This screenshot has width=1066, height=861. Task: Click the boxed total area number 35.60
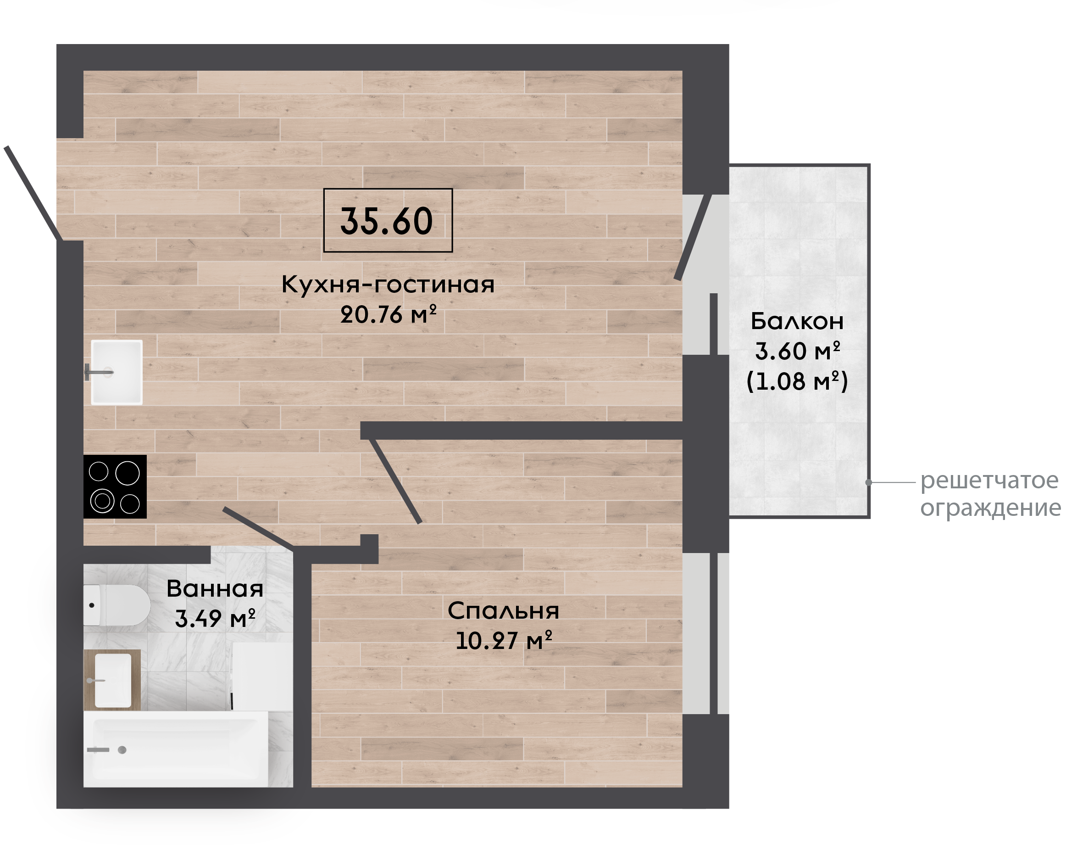[x=387, y=221]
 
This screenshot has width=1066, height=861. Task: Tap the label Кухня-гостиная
[x=388, y=285]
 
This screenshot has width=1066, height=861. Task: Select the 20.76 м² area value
[x=388, y=314]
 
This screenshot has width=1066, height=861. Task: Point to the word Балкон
[x=796, y=321]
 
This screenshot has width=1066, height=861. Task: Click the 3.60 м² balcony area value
[x=797, y=351]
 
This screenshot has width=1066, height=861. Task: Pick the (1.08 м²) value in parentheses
[x=797, y=381]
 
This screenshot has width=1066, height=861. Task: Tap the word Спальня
[x=503, y=610]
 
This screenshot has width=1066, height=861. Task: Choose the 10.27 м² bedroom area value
[x=504, y=640]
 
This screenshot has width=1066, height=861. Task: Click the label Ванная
[x=215, y=589]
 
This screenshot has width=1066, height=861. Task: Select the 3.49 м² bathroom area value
[x=215, y=619]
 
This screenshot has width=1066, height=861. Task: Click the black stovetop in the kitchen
[x=115, y=486]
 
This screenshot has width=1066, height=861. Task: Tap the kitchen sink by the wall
[x=117, y=372]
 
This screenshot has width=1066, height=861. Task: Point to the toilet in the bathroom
[x=117, y=605]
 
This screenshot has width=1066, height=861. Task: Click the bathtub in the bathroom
[x=176, y=749]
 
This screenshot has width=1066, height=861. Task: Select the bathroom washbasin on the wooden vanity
[x=113, y=681]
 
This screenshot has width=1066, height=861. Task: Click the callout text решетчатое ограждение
[x=990, y=494]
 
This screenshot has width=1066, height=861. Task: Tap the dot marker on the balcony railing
[x=868, y=482]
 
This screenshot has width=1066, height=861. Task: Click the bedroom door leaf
[x=395, y=481]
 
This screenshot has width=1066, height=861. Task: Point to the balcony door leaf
[x=693, y=237]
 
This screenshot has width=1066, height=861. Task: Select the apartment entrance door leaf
[x=33, y=193]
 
